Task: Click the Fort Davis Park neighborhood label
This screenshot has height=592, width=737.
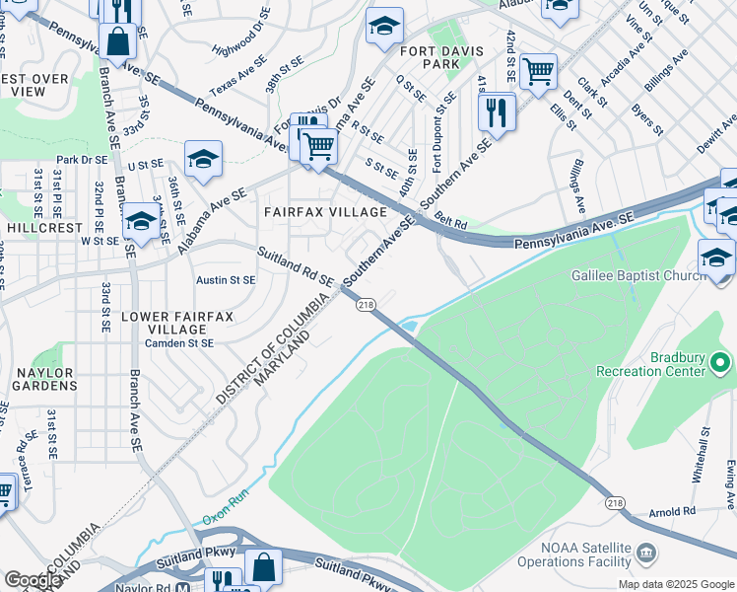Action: coord(428,56)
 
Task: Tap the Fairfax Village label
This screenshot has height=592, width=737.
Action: coord(324,212)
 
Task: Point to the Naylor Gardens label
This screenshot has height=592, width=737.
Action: coord(43,379)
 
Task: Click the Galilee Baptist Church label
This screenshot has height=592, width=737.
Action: coord(639,276)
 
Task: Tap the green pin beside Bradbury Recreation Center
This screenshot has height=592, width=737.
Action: coord(721,365)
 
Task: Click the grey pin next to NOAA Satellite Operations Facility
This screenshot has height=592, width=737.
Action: coord(645,549)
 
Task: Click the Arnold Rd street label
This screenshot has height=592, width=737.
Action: coord(673,512)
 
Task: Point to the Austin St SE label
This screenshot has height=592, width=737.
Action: coord(226,280)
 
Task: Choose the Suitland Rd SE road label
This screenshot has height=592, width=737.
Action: coord(297,268)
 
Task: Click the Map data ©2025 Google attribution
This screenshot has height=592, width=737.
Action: coord(675,584)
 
